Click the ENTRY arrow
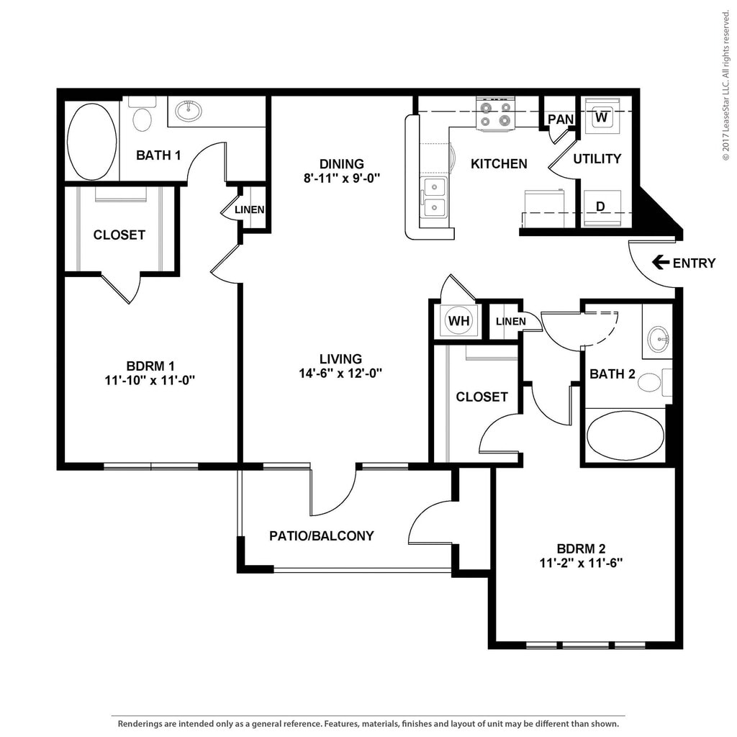click(661, 262)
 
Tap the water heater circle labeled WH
click(458, 320)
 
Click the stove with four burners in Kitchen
click(496, 114)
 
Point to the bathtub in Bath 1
click(91, 142)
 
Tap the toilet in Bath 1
click(142, 115)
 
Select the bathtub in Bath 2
click(625, 435)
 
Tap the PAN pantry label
click(561, 119)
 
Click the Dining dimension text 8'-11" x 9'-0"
click(342, 178)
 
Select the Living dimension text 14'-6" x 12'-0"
click(340, 374)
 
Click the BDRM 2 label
click(581, 548)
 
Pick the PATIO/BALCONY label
click(322, 535)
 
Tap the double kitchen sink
click(434, 197)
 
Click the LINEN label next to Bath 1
click(249, 209)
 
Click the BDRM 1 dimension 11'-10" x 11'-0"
click(150, 380)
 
